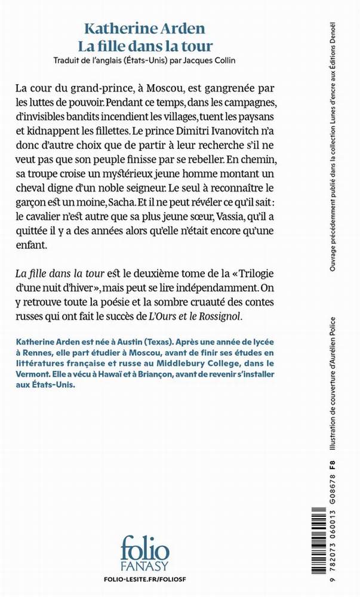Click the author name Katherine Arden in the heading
point(144,28)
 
